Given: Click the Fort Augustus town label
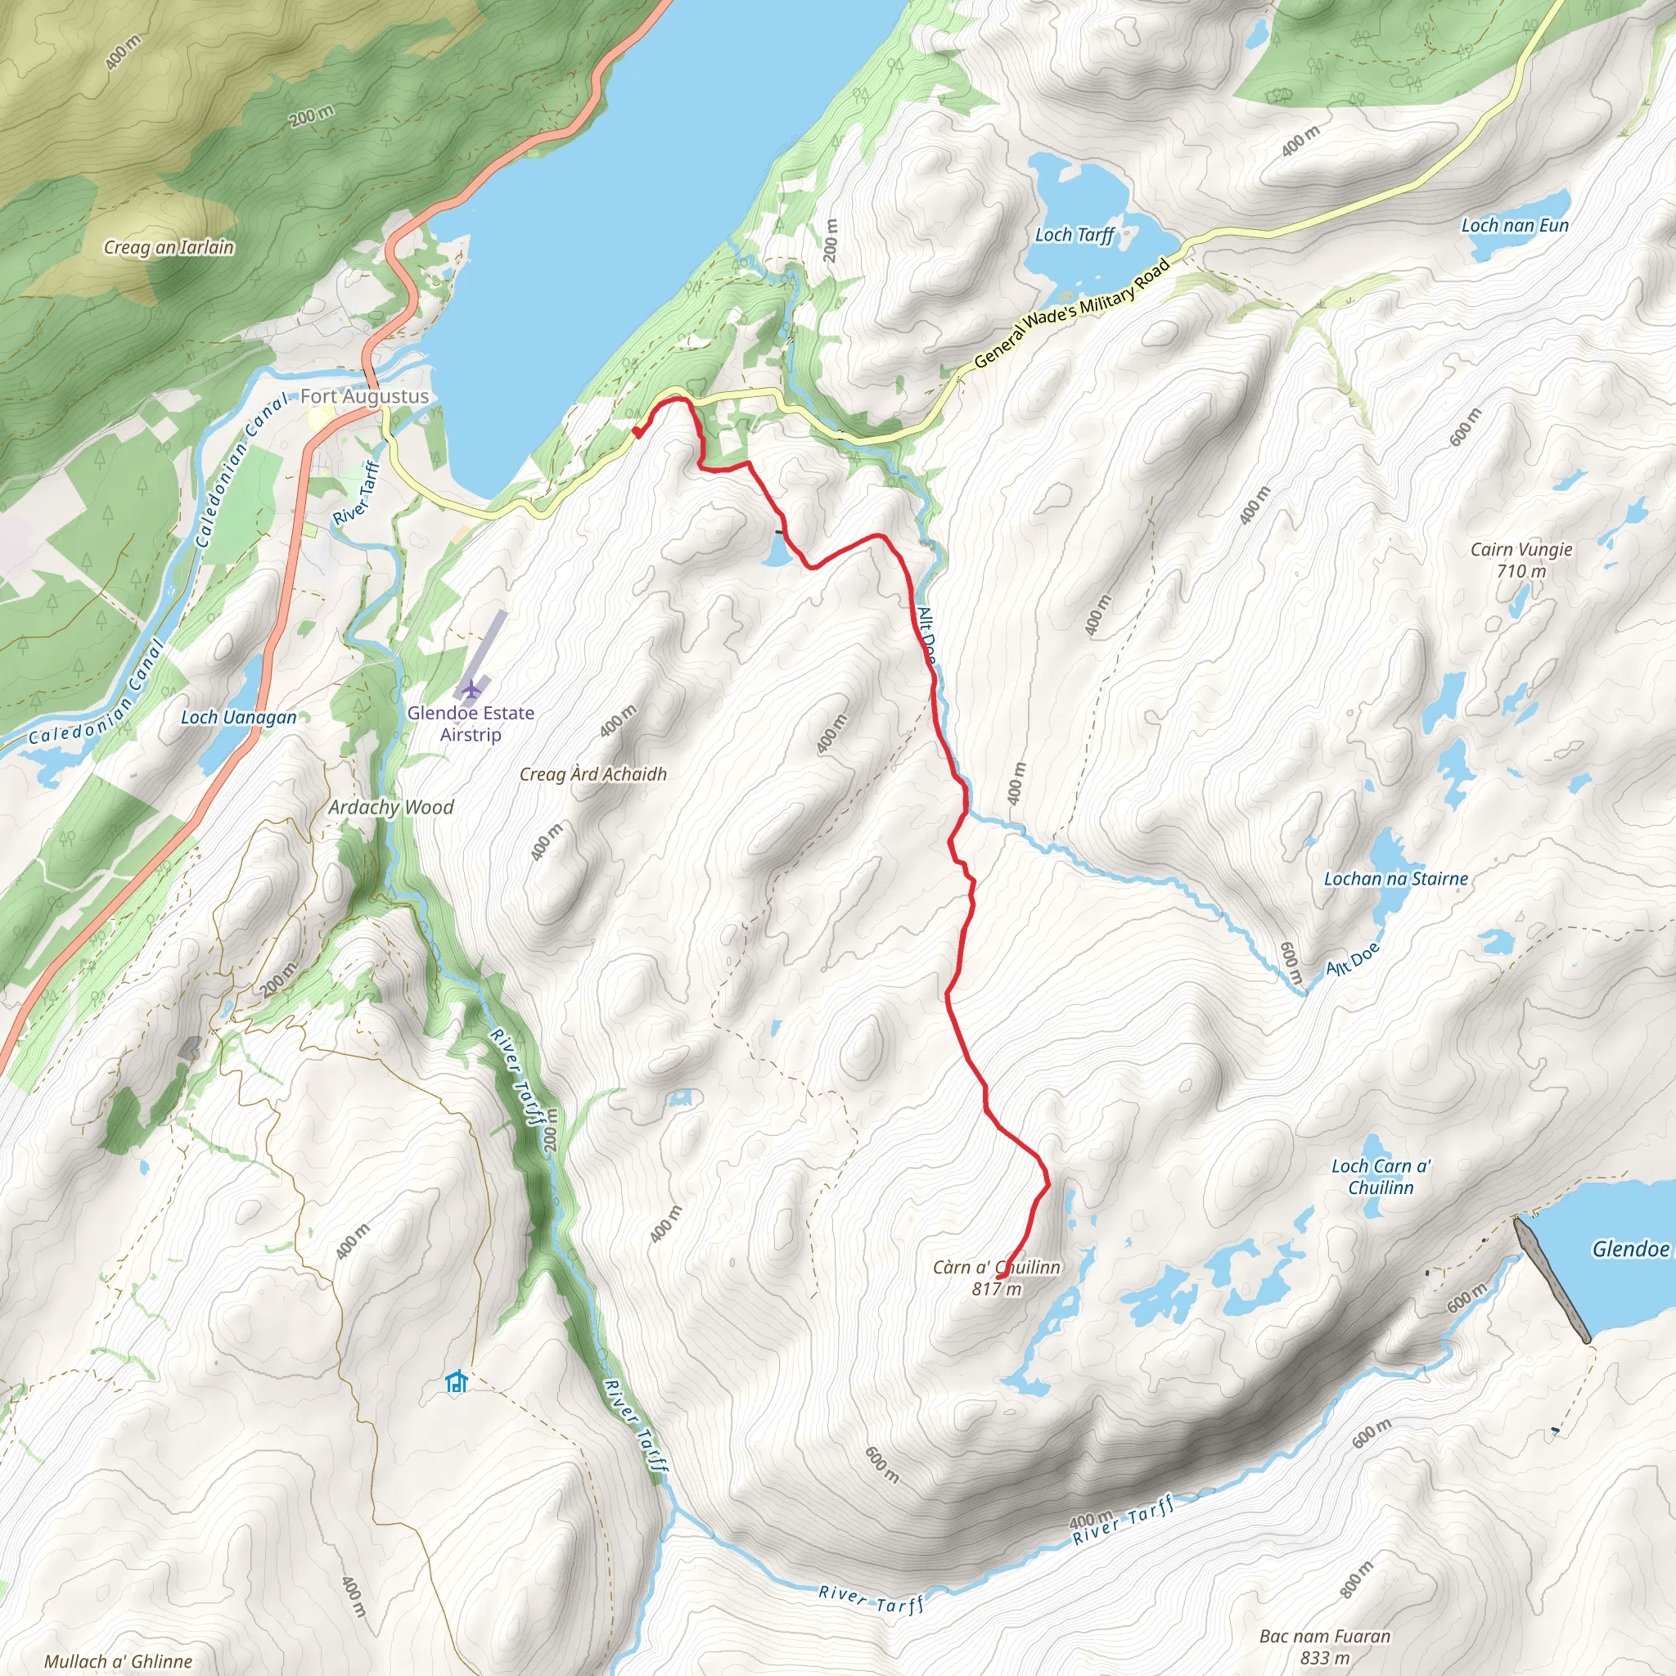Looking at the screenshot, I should [364, 396].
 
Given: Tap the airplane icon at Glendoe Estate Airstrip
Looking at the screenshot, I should [471, 690].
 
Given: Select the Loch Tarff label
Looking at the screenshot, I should [1074, 235].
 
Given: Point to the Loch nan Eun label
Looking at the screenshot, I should [1515, 226].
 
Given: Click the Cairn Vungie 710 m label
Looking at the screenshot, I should [1521, 560].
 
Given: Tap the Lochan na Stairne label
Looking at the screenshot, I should [1395, 879].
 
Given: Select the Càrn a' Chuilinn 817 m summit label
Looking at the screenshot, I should [996, 1277].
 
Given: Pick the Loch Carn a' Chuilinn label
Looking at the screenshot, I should [1381, 1177].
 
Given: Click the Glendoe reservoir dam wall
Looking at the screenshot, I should [1552, 1280].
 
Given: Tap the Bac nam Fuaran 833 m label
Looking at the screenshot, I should [1325, 1647].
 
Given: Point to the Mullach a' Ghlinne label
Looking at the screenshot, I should [118, 1660].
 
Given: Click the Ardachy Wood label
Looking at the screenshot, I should [390, 808].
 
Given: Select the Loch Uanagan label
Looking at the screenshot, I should [239, 718].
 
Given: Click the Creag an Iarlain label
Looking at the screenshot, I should [169, 248].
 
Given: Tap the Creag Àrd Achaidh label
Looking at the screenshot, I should [592, 775].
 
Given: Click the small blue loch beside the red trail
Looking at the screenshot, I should [777, 552].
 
